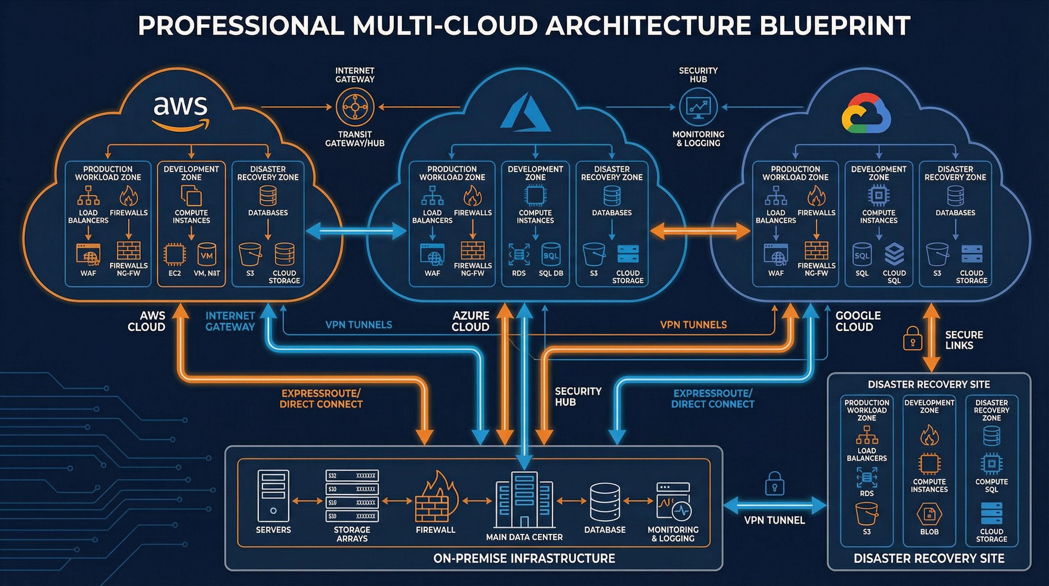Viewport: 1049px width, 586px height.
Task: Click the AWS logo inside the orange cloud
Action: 180,112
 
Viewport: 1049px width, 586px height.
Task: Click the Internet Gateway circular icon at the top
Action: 355,107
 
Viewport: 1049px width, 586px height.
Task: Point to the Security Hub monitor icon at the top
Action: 698,107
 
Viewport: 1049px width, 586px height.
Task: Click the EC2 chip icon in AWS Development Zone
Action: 175,254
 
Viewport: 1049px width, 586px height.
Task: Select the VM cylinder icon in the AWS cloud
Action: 207,254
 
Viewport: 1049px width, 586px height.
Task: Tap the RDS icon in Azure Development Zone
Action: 519,255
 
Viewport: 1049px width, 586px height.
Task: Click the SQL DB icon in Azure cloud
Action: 551,254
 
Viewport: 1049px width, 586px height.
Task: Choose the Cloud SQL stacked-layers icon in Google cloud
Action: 894,254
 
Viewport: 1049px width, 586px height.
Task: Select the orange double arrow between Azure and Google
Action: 700,232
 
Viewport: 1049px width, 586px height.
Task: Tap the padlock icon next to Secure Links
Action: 913,338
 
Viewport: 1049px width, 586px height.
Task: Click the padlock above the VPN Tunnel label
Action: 774,484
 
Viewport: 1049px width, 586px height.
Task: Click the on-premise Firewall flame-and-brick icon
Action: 435,498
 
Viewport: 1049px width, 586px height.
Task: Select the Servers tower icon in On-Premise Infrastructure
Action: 273,496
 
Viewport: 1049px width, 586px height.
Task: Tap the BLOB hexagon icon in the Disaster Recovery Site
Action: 929,514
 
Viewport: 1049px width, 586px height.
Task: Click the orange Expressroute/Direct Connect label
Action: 321,399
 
